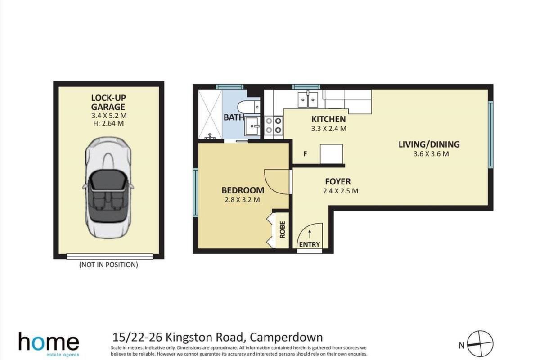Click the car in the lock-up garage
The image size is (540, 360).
tap(108, 188)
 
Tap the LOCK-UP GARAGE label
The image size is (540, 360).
tap(108, 102)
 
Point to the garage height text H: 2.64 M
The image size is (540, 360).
tap(108, 123)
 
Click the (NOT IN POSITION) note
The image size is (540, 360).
tap(109, 265)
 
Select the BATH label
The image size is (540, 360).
tap(234, 117)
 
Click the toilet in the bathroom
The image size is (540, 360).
tap(249, 107)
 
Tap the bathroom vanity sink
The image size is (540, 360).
tap(252, 126)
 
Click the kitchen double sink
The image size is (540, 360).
tap(308, 99)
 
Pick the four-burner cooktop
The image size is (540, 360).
tap(274, 125)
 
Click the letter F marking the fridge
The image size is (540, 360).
tap(305, 153)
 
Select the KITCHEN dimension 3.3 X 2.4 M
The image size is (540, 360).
tap(329, 129)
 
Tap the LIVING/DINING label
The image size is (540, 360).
tap(429, 144)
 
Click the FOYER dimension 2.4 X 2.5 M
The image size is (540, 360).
tap(341, 191)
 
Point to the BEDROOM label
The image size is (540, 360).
tap(243, 190)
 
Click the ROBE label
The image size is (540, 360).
tap(283, 230)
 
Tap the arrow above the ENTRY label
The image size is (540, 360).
tap(310, 234)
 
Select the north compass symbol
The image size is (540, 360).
tap(480, 344)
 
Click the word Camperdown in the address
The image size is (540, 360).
tap(286, 337)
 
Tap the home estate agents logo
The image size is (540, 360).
tap(49, 344)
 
